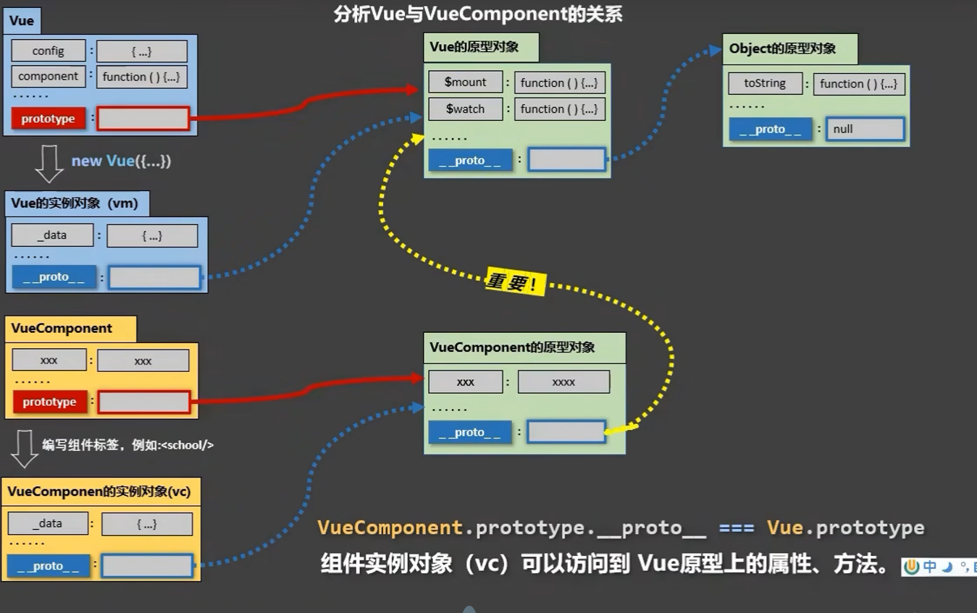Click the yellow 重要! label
tap(513, 282)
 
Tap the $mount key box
tap(466, 82)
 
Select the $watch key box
tap(466, 109)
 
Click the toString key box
tap(765, 83)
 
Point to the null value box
tap(865, 129)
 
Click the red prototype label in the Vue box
tap(49, 119)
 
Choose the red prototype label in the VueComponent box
tap(49, 402)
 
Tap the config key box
tap(49, 51)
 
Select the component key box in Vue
tap(49, 76)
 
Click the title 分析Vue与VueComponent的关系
tap(478, 14)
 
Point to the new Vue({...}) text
tap(121, 161)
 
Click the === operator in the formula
tap(737, 528)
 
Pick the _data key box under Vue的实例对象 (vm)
tap(52, 235)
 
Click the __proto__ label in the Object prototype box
tap(771, 129)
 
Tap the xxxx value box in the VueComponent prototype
tap(563, 382)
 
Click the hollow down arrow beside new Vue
tap(49, 163)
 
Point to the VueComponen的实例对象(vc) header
tap(100, 491)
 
